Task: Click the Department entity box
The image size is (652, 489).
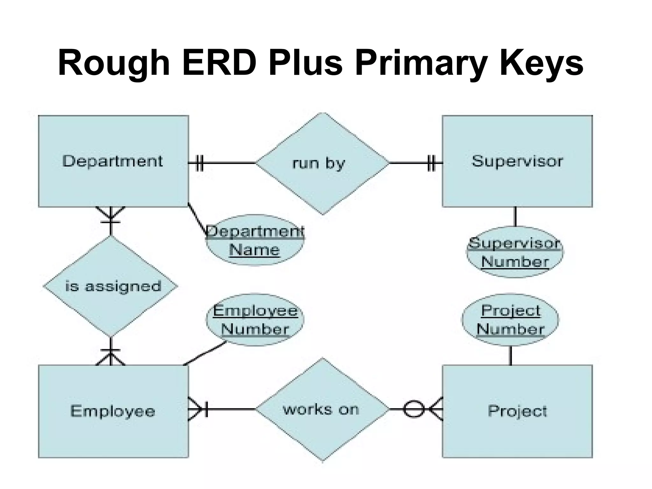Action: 113,161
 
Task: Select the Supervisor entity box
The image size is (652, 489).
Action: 517,161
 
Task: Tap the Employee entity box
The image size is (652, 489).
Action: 113,411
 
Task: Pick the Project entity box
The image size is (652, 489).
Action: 517,411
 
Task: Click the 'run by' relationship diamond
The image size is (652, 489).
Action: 322,163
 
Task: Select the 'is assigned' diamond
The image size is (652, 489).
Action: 110,286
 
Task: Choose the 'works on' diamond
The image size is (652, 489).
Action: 322,409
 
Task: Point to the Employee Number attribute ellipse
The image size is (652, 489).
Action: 255,320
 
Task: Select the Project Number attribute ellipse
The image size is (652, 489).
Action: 510,320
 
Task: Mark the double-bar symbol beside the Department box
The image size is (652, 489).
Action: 199,163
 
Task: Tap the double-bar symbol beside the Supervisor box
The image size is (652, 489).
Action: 431,163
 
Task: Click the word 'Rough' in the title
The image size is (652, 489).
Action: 114,63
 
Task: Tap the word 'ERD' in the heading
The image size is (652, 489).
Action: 220,63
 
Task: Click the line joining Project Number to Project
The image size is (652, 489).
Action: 511,355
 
